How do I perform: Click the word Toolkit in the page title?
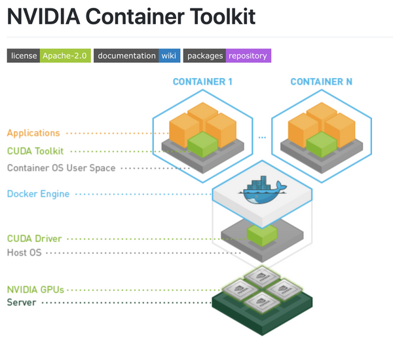click(x=217, y=17)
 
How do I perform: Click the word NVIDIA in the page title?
click(x=41, y=17)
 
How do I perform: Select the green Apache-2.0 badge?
click(x=64, y=56)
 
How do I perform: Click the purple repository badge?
click(x=248, y=56)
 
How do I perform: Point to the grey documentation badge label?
click(x=126, y=56)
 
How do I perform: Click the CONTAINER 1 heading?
click(x=202, y=82)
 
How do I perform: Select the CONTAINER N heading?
click(x=321, y=82)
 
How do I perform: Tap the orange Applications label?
click(x=33, y=133)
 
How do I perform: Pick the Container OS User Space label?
click(x=61, y=168)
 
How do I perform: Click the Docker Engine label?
click(x=38, y=194)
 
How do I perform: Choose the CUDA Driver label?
click(x=34, y=239)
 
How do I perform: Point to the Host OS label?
click(x=24, y=252)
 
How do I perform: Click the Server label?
click(x=22, y=302)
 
